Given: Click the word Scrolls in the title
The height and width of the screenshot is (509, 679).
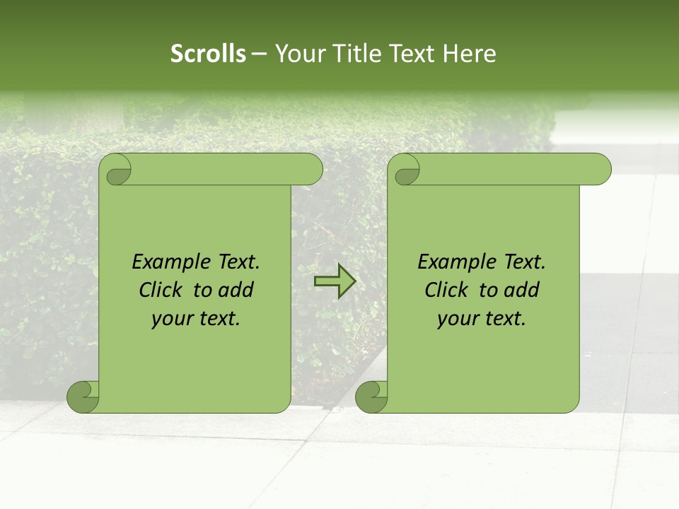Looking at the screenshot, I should [x=209, y=54].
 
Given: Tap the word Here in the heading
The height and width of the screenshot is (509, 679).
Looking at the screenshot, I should [x=470, y=54].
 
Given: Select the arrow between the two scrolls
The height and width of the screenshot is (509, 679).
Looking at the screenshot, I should [x=335, y=281].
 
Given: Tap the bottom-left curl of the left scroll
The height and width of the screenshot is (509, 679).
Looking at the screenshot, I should [x=82, y=397].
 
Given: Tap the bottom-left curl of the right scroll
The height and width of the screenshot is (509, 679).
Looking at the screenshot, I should [x=371, y=397].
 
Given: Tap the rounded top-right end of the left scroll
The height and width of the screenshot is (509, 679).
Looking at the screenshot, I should [x=311, y=170].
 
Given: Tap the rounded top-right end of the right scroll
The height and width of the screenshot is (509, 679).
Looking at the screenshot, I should [x=600, y=170].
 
